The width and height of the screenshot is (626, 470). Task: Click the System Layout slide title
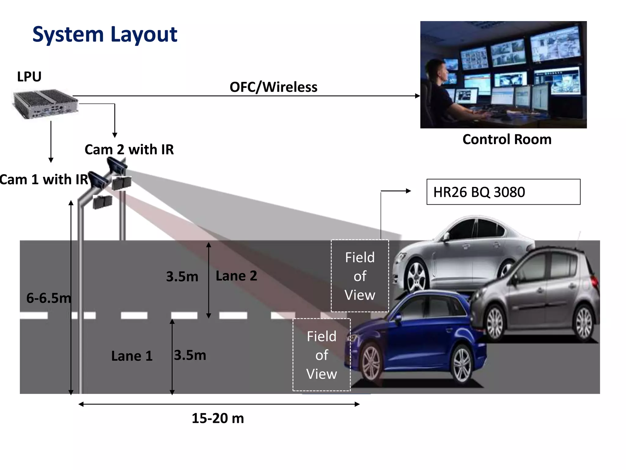tap(105, 34)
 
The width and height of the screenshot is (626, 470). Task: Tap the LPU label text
tap(29, 77)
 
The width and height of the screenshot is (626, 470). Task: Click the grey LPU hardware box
tap(45, 104)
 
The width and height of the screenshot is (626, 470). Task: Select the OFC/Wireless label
tap(273, 87)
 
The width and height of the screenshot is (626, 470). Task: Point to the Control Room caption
tap(507, 140)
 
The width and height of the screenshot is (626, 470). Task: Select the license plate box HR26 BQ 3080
tap(503, 192)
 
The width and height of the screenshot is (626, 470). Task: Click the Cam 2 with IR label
tap(129, 150)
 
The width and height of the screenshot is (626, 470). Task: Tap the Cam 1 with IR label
tap(44, 180)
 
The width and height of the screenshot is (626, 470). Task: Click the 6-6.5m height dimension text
tap(48, 298)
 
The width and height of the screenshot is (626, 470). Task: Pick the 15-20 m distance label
tap(218, 418)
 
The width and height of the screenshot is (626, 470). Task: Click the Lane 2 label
tap(236, 276)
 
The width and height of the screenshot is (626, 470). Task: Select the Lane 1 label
tap(132, 356)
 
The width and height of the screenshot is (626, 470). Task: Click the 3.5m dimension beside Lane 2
tap(182, 277)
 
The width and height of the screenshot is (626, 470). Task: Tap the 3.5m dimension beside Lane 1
tap(190, 355)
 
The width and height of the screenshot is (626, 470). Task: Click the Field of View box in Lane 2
tap(360, 276)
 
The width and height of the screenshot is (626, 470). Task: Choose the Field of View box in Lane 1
tap(322, 355)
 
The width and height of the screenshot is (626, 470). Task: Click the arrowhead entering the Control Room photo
tap(418, 96)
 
